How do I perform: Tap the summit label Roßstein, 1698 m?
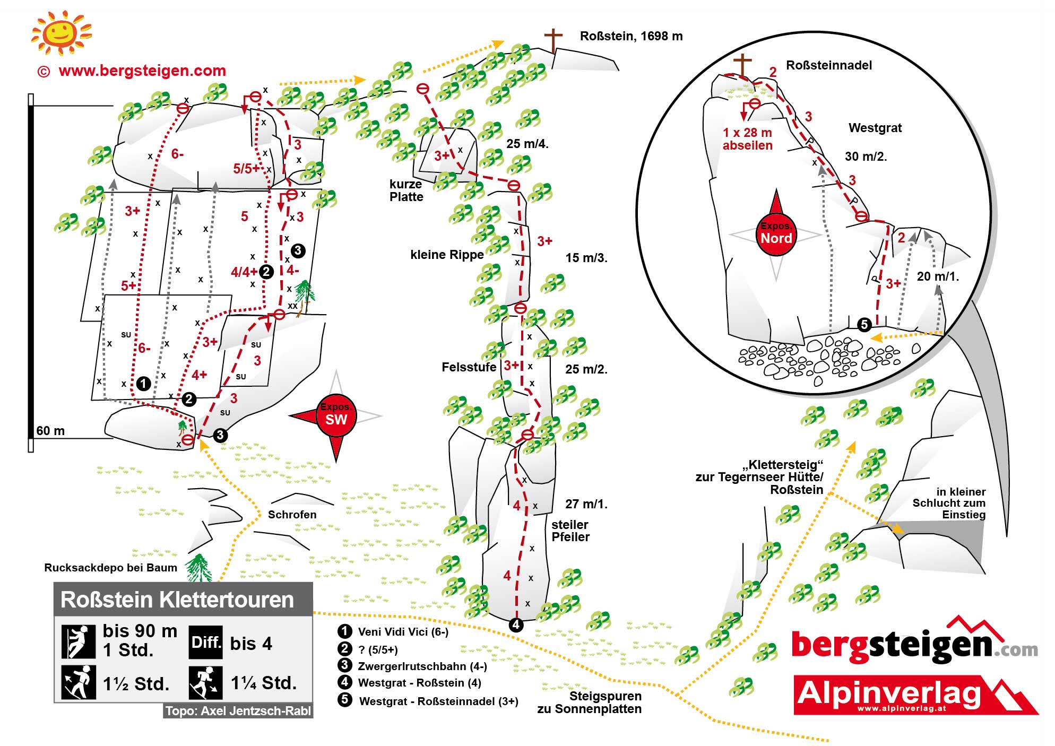(630, 36)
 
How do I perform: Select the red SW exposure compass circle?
(336, 415)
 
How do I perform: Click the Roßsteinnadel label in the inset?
(828, 65)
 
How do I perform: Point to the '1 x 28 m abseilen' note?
(747, 139)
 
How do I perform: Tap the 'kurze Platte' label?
(406, 190)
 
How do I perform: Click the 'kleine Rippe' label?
(447, 255)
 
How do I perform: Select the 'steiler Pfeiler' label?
(570, 531)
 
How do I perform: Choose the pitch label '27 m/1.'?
(586, 504)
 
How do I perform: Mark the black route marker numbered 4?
(516, 624)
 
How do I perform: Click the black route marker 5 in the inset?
(864, 324)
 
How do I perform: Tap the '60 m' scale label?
(50, 431)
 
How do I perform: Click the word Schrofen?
(292, 515)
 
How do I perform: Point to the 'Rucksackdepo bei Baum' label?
(110, 568)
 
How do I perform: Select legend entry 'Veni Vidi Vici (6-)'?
(403, 631)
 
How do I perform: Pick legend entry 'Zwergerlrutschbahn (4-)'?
(422, 666)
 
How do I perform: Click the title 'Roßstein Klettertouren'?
(177, 600)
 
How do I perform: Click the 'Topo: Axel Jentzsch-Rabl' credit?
(238, 711)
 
